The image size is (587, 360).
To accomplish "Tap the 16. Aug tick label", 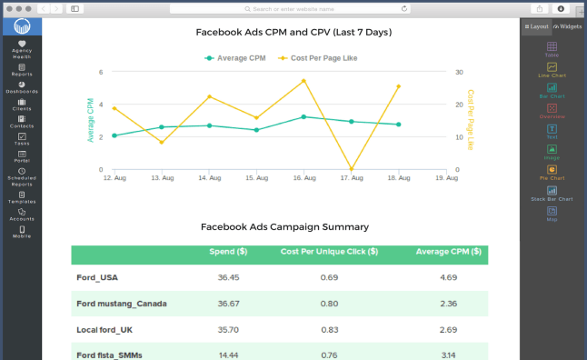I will coord(303,178).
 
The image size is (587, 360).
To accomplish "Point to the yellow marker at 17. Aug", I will coord(351,169).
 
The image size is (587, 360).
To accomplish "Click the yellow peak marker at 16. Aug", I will coord(303,80).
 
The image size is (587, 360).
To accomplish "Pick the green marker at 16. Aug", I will coord(303,117).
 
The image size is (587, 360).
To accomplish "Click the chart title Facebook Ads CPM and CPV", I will coord(293,32).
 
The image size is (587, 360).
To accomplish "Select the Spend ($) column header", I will coord(228,252).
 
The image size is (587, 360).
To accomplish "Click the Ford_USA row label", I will coord(97,277).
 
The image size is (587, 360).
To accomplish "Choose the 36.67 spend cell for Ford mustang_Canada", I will coord(228,303).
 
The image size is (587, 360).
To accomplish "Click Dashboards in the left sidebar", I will coord(22,87).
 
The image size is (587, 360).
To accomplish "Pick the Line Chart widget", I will coord(552,70).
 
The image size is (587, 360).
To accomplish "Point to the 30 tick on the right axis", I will coord(460,72).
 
